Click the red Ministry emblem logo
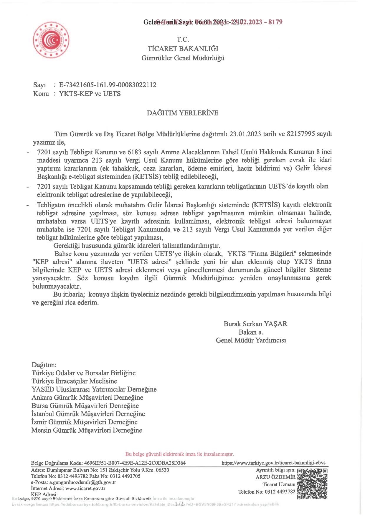51,40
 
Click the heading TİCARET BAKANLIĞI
183,49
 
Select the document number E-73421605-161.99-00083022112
108,85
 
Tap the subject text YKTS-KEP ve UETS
90,94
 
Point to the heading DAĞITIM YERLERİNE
183,113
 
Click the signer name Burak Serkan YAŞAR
255,324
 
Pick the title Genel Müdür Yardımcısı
251,340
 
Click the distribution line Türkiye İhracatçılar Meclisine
74,381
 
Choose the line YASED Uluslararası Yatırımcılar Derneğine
94,389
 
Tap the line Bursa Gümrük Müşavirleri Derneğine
85,406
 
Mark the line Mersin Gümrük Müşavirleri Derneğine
87,430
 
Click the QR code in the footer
312,484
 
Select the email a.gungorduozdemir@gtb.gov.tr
82,482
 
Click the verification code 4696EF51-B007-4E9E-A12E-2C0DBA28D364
135,463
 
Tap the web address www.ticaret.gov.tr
85,488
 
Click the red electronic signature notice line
179,454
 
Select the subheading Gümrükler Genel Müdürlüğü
183,58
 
